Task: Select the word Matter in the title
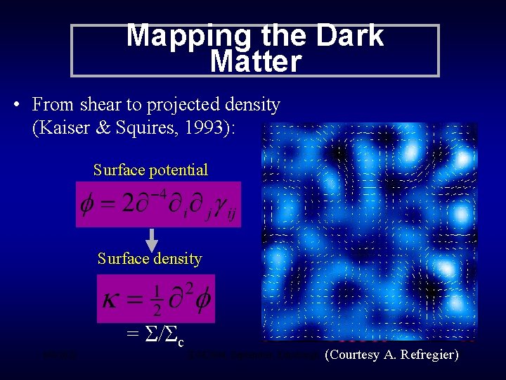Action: click(256, 63)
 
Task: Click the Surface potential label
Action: click(150, 170)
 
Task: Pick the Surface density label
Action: click(150, 259)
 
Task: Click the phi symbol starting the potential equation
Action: click(87, 204)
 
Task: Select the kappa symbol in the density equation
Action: click(111, 300)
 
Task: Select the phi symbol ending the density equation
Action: click(200, 300)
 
